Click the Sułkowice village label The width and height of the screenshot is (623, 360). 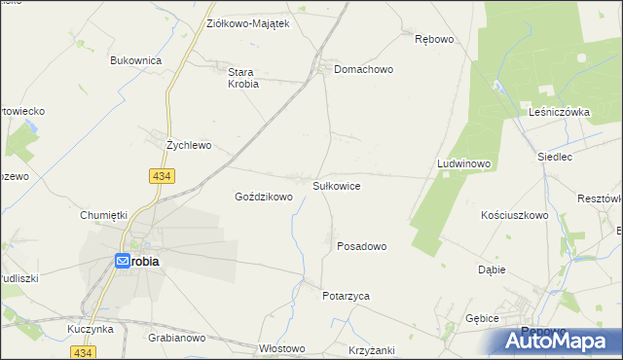click(x=337, y=185)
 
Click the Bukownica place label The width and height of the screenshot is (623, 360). click(x=135, y=60)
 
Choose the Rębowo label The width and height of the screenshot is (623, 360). click(x=434, y=39)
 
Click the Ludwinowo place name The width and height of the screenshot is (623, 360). click(x=463, y=163)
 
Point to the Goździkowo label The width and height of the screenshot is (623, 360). click(x=264, y=197)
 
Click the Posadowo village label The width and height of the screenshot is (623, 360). click(x=362, y=246)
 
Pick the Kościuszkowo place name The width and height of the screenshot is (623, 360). click(x=515, y=215)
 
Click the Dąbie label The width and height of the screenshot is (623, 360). click(x=492, y=270)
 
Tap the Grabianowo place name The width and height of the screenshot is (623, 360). click(x=176, y=339)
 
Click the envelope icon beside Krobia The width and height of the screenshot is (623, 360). click(x=124, y=261)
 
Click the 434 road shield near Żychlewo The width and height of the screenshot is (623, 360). click(x=162, y=175)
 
